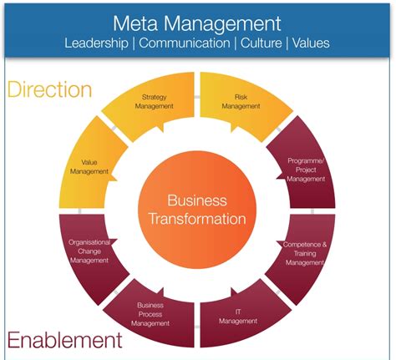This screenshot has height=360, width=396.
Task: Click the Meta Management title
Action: point(197,24)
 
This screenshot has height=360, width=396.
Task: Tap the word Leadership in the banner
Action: point(96,43)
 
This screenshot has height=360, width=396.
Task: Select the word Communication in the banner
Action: point(185,43)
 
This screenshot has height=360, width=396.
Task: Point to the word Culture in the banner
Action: point(261,43)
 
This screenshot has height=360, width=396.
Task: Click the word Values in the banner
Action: point(311,43)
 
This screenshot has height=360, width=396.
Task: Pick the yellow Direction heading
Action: point(49,89)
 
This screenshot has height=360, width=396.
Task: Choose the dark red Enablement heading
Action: point(64,340)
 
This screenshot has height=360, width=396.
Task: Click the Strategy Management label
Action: point(154,102)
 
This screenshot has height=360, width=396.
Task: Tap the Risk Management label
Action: point(241,102)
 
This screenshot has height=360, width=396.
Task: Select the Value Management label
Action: point(89,167)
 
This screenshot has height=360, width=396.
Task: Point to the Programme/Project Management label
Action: point(306,170)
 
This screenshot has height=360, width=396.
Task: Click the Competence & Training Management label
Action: point(305,253)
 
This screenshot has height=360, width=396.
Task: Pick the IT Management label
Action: point(238,317)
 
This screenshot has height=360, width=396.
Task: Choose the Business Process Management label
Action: point(150,314)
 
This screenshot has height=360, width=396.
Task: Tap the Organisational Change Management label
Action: point(89,251)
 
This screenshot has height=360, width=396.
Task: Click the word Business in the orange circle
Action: point(197,200)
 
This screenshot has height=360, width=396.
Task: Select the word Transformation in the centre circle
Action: point(197,219)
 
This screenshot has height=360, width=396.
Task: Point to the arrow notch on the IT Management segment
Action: point(234,292)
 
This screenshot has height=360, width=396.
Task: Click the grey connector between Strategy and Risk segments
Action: point(197,97)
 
